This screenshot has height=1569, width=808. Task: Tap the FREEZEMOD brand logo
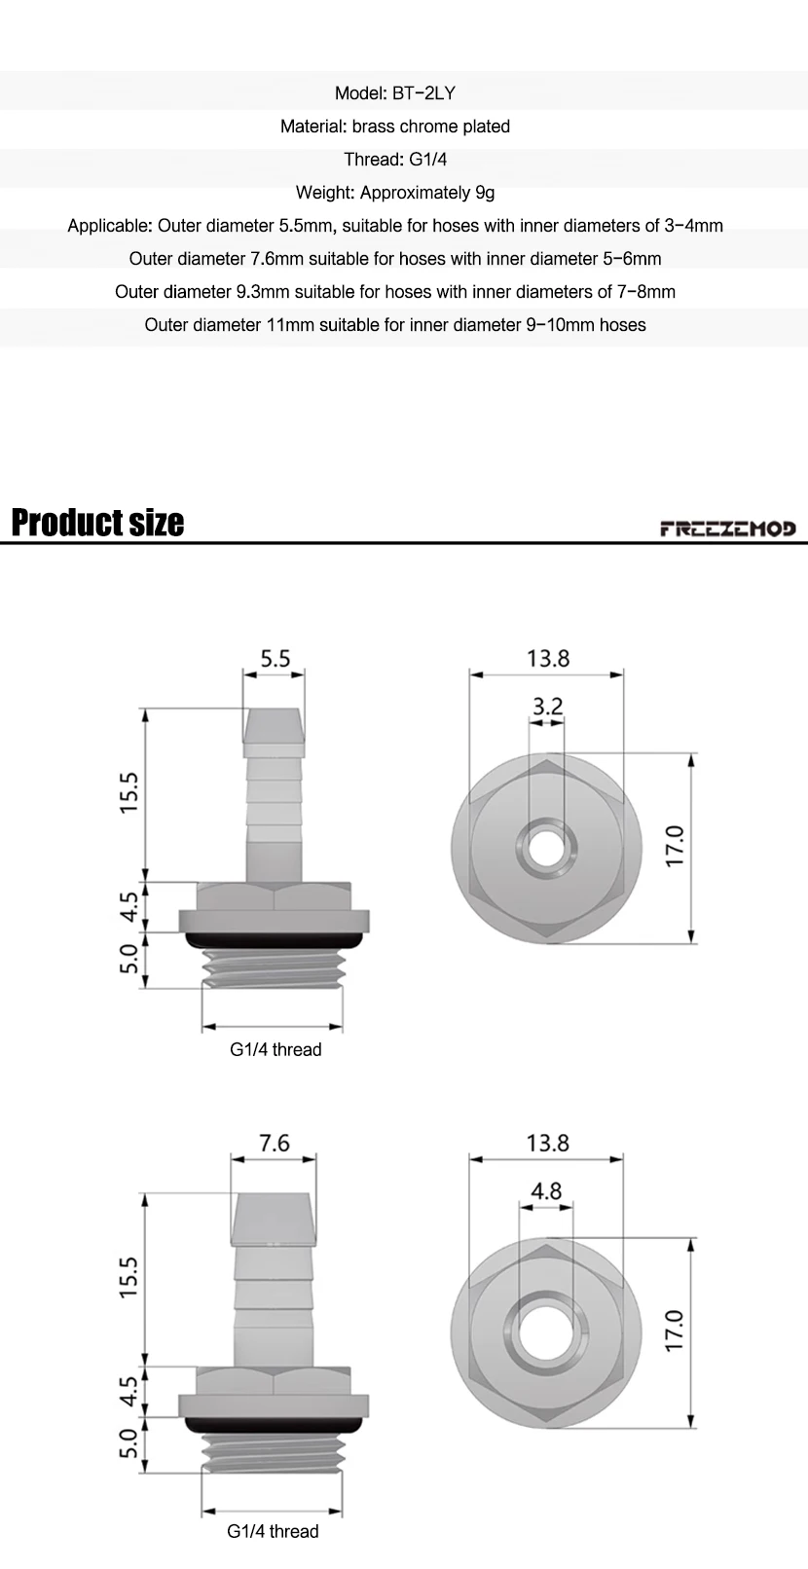(x=728, y=529)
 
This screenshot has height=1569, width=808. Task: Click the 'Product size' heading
(x=97, y=523)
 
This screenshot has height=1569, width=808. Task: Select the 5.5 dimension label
(x=275, y=658)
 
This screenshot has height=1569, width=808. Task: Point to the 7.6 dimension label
(x=274, y=1143)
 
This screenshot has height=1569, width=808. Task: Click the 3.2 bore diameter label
(x=547, y=706)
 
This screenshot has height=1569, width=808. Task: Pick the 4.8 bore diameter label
(x=546, y=1190)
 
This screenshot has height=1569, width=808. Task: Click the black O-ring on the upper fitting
(x=274, y=940)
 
